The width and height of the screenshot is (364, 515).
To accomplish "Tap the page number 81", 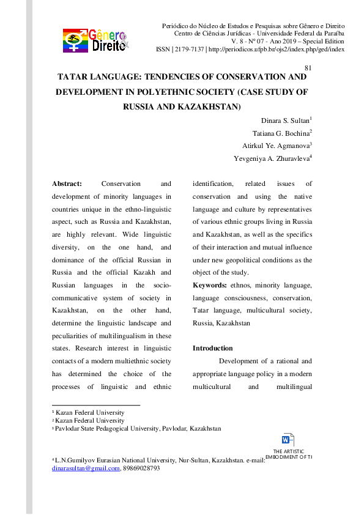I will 308,68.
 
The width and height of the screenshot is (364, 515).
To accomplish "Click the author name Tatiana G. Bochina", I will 281,133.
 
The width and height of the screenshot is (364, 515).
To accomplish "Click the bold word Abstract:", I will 67,183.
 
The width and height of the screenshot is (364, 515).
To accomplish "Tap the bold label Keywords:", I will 210,286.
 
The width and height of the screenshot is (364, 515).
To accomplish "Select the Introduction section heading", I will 212,348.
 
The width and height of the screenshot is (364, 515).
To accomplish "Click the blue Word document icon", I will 288,439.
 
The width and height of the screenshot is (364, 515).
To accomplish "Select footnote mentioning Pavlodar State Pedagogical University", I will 137,429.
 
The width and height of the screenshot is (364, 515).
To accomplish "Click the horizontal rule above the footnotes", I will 96,405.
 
